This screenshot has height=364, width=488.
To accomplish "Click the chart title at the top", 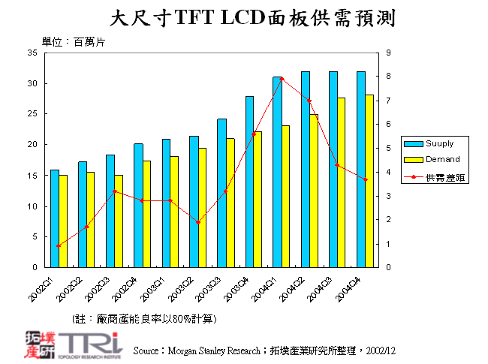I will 252,17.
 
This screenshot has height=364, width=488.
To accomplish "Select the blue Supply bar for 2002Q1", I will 54,218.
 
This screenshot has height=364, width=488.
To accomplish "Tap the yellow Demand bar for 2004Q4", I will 369,181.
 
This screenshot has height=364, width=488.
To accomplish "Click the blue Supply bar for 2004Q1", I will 277,172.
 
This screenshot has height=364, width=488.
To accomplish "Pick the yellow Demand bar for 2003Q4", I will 258,200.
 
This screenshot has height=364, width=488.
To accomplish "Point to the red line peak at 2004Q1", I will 282,79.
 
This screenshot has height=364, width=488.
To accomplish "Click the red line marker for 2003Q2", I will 198,222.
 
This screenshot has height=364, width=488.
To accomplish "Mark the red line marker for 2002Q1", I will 59,245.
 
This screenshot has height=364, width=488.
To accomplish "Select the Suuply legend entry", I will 435,143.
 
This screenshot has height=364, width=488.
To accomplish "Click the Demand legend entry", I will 435,159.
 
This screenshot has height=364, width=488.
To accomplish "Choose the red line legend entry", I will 435,177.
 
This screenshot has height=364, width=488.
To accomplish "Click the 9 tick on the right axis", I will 387,53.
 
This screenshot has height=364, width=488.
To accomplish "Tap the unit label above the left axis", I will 73,42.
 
